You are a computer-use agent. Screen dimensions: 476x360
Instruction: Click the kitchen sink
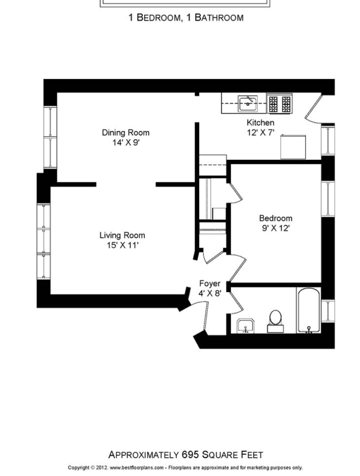(x=248, y=104)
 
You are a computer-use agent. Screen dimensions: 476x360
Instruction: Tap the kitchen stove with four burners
(x=280, y=104)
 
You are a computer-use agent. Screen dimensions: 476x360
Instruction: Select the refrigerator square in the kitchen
(x=293, y=147)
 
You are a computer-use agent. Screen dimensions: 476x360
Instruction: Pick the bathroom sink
(x=245, y=326)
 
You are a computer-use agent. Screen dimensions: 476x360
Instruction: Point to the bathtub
(x=308, y=310)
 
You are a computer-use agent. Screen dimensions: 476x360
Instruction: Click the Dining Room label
(x=125, y=133)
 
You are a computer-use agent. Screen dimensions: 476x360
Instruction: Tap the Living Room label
(x=122, y=236)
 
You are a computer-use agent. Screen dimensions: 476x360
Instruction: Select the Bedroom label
(x=275, y=218)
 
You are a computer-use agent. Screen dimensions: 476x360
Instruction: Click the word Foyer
(x=210, y=284)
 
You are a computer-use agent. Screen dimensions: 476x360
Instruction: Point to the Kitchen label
(x=260, y=123)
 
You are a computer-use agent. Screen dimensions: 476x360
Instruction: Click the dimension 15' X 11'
(x=122, y=245)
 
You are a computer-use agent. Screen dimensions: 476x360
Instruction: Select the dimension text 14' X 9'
(x=125, y=142)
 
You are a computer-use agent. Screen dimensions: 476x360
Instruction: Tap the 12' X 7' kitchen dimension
(x=260, y=133)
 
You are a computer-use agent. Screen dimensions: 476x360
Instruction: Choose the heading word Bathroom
(x=219, y=18)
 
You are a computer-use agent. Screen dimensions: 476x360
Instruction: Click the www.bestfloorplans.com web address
(x=136, y=467)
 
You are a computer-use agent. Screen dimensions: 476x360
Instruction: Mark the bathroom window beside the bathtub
(x=328, y=311)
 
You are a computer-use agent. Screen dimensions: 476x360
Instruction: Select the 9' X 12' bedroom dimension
(x=275, y=228)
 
